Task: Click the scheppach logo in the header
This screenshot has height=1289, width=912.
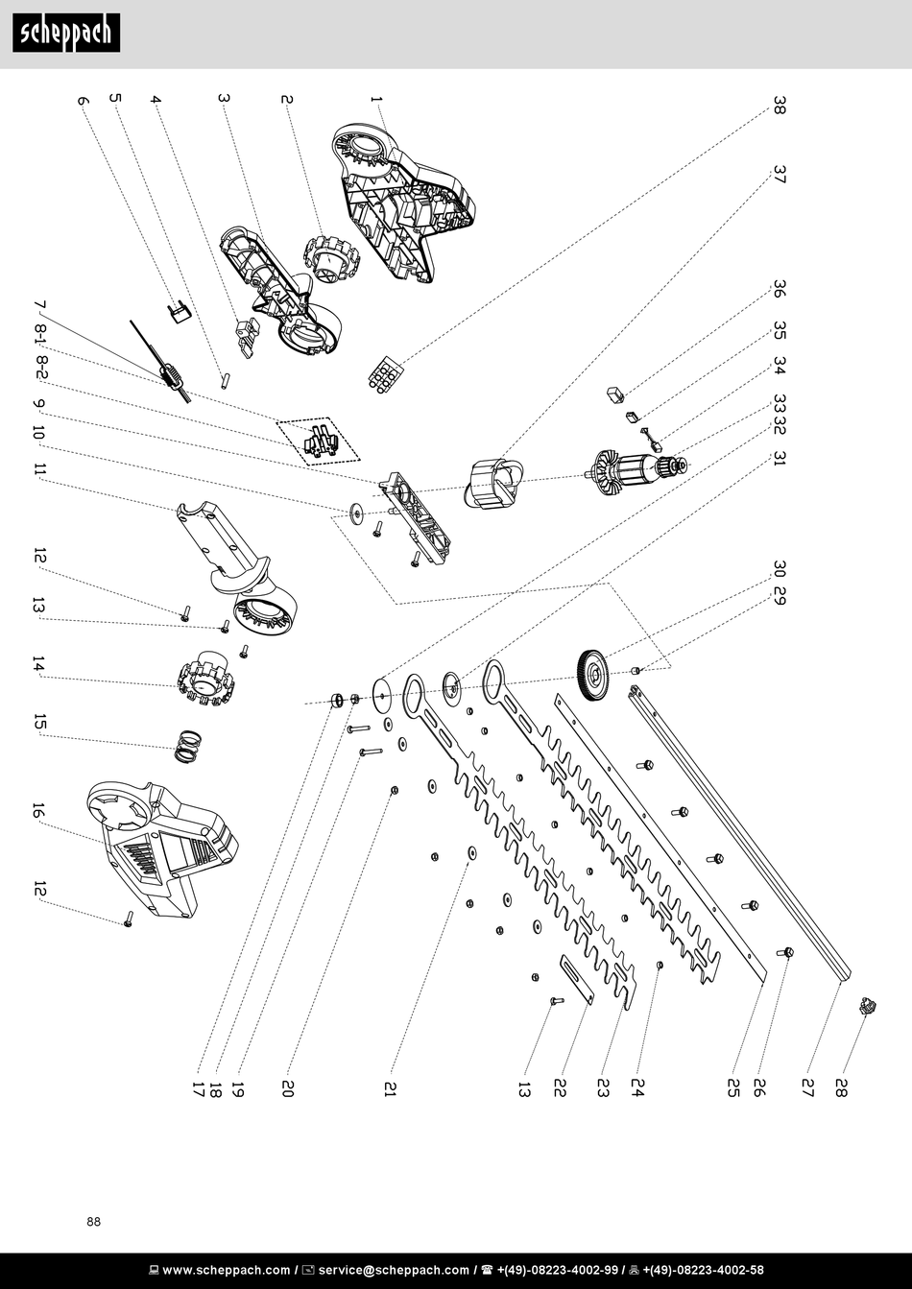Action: (66, 34)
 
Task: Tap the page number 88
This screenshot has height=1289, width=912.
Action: (93, 1222)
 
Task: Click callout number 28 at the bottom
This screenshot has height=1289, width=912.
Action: (841, 1088)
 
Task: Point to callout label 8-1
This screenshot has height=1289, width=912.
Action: (40, 334)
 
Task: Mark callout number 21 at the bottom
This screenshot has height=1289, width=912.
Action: (390, 1088)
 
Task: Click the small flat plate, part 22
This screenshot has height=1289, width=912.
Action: (577, 980)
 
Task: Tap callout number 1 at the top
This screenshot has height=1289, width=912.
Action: (376, 100)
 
